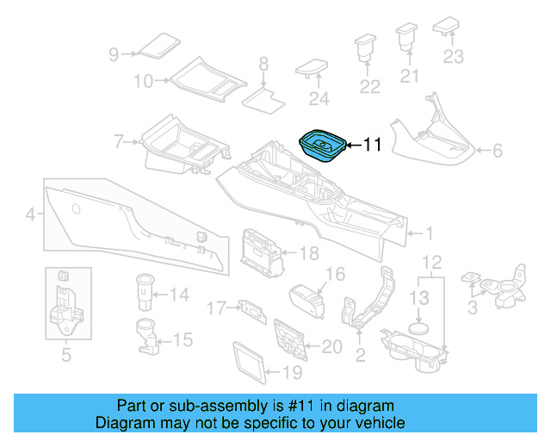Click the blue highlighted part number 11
tap(323, 146)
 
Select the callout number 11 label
tap(372, 145)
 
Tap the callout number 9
tap(113, 54)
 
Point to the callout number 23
tap(453, 57)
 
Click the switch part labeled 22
tap(367, 46)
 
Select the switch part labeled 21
tap(406, 39)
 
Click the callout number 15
tap(183, 340)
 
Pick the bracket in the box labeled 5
tap(65, 306)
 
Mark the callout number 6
tap(497, 152)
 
